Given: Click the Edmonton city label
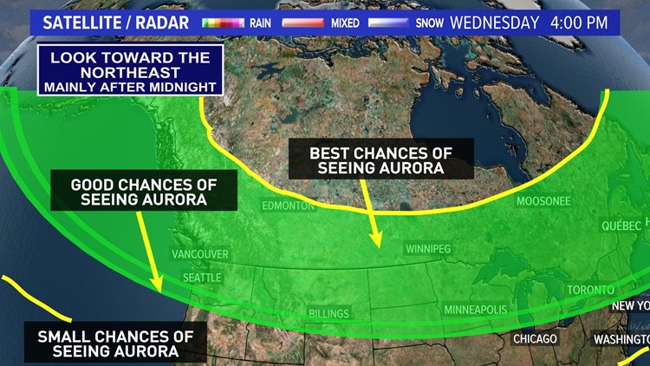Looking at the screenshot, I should point(289,206).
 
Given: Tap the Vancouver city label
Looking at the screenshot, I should point(199,254).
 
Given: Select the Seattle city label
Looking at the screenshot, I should point(201,277).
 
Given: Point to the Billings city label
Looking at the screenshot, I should point(328,313).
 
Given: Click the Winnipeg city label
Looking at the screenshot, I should point(429,249).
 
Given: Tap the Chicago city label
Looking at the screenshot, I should point(535,338).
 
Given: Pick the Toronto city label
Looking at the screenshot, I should point(590,290).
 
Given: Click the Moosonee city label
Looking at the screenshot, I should point(543,201).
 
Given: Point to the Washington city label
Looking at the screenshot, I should point(621,338).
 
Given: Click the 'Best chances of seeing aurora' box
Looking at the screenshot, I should point(381,160).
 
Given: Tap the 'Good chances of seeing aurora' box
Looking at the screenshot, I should point(142,192).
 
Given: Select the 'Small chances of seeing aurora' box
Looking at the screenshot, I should point(114,343).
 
